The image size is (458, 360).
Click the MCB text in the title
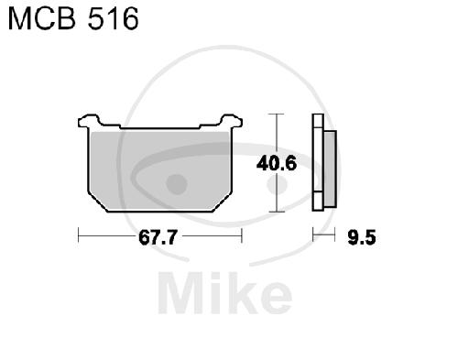pos(41,19)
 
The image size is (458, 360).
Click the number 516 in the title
pos(114,19)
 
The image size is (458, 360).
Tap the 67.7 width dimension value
pos(158,237)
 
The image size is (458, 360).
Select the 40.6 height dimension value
pos(277,163)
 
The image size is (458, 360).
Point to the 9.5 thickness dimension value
pos(362,237)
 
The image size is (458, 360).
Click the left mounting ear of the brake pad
pos(89,121)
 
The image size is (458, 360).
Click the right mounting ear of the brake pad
pos(231,121)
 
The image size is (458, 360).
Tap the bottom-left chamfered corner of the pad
pos(97,202)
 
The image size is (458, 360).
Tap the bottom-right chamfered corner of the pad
pos(223,202)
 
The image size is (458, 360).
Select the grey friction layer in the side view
pos(330,169)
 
